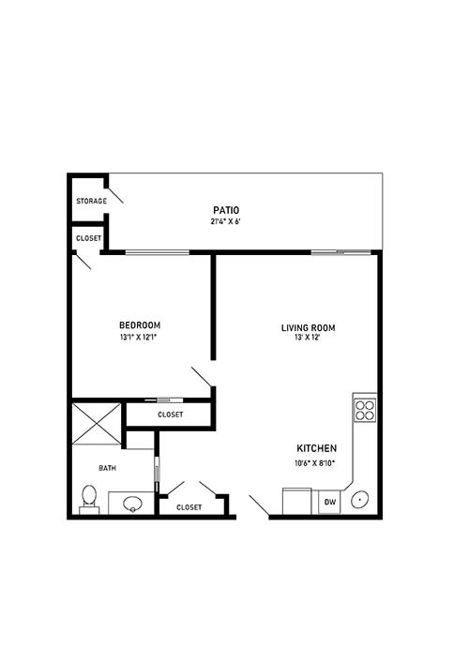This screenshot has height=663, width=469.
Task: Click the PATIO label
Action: [x=226, y=210]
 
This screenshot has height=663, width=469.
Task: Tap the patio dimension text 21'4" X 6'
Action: [x=226, y=221]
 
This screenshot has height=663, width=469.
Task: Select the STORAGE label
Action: [x=91, y=201]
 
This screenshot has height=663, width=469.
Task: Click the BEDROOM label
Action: [x=140, y=325]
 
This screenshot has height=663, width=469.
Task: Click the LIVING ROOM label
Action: [x=309, y=327]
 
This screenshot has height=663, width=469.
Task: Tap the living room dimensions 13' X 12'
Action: [x=308, y=338]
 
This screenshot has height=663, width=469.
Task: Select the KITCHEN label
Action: [x=317, y=448]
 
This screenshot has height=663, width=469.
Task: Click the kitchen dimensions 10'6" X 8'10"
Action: [x=315, y=463]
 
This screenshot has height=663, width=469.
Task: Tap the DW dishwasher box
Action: [x=329, y=502]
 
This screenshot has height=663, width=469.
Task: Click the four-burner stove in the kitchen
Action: [x=365, y=410]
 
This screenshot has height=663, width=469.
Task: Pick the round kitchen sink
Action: [x=359, y=500]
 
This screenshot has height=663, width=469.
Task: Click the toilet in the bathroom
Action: [x=89, y=499]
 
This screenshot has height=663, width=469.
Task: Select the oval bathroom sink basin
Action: [x=133, y=504]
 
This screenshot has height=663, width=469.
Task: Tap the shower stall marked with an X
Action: [x=97, y=424]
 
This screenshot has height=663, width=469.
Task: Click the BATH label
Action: [x=108, y=468]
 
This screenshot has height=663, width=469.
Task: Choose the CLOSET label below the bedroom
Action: [x=171, y=414]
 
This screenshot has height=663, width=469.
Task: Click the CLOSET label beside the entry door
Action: [x=189, y=507]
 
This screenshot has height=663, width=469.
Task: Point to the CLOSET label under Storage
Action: [x=89, y=238]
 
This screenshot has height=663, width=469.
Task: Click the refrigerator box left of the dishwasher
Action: [x=297, y=501]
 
